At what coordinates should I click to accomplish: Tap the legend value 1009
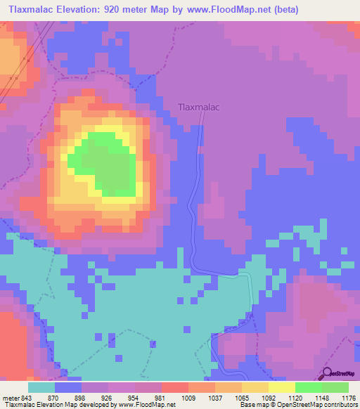[188, 396]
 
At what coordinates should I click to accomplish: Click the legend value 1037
[215, 396]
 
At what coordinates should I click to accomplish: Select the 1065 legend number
[242, 396]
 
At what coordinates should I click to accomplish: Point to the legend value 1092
[269, 396]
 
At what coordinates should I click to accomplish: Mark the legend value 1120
[295, 396]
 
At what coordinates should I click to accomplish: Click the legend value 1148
[322, 396]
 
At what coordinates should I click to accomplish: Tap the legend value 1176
[348, 396]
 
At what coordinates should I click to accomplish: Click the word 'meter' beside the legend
[10, 396]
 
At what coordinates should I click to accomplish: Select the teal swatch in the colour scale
[41, 387]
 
